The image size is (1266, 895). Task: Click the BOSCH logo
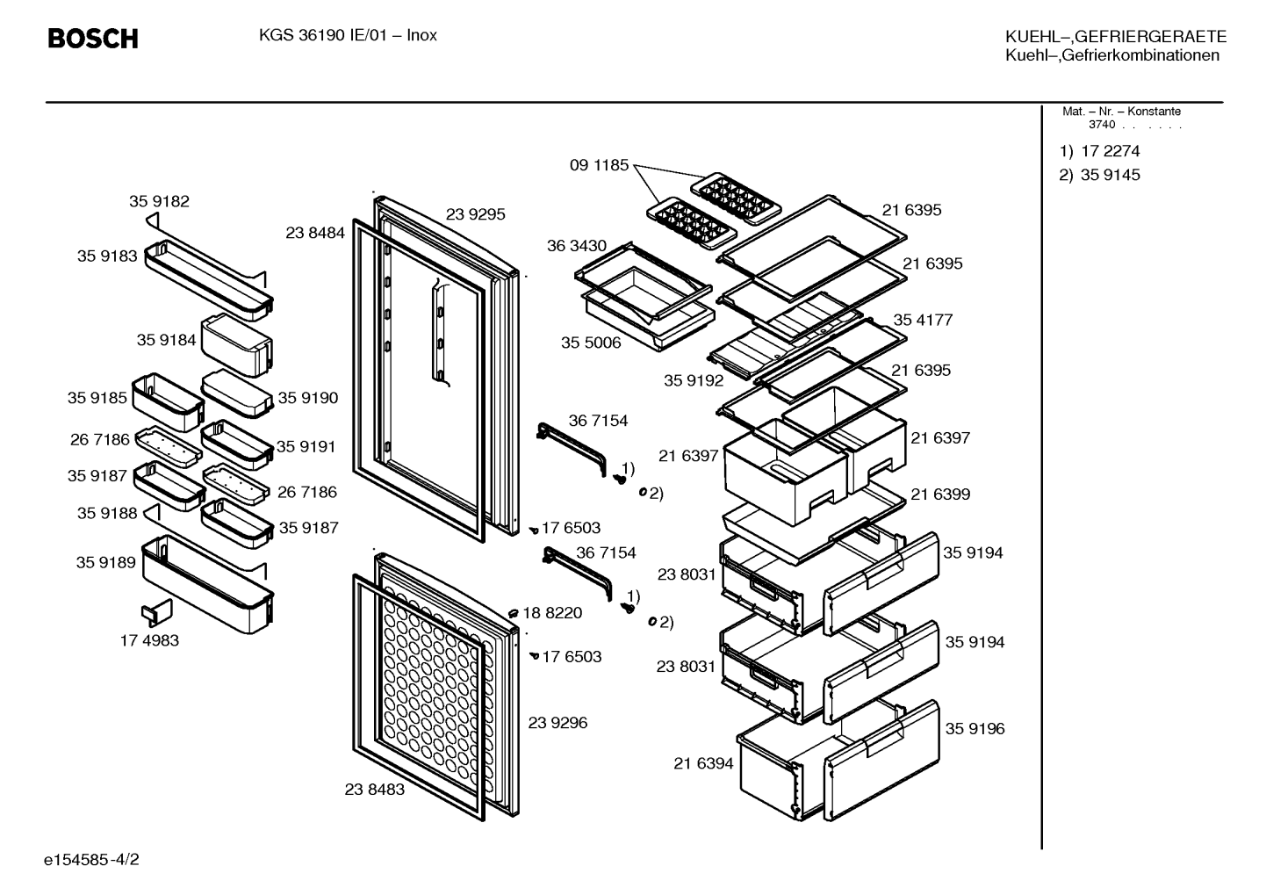tap(93, 39)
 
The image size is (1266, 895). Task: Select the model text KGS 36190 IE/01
tap(323, 36)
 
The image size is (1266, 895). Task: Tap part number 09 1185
tap(599, 165)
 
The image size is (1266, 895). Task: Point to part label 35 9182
tap(160, 201)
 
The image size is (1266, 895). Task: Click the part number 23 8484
tap(315, 233)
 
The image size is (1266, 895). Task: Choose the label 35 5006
tap(591, 343)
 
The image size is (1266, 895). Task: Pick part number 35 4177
tap(923, 320)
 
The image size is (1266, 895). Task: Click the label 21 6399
tap(940, 494)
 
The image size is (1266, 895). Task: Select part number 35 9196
tap(975, 729)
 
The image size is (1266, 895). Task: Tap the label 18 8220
tap(552, 613)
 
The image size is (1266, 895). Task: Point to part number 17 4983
tap(149, 640)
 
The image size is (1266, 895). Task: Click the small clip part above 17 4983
tap(156, 612)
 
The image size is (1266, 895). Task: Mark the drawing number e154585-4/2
tap(91, 860)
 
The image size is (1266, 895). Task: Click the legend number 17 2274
tap(1111, 151)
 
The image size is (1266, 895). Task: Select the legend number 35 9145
tap(1111, 175)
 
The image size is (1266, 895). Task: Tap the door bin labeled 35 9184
tap(237, 345)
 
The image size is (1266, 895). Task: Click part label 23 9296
tap(557, 723)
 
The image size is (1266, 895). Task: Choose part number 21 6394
tap(703, 763)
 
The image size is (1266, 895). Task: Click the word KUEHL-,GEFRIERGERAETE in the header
tap(1116, 37)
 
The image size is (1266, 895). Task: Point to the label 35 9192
tap(694, 380)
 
